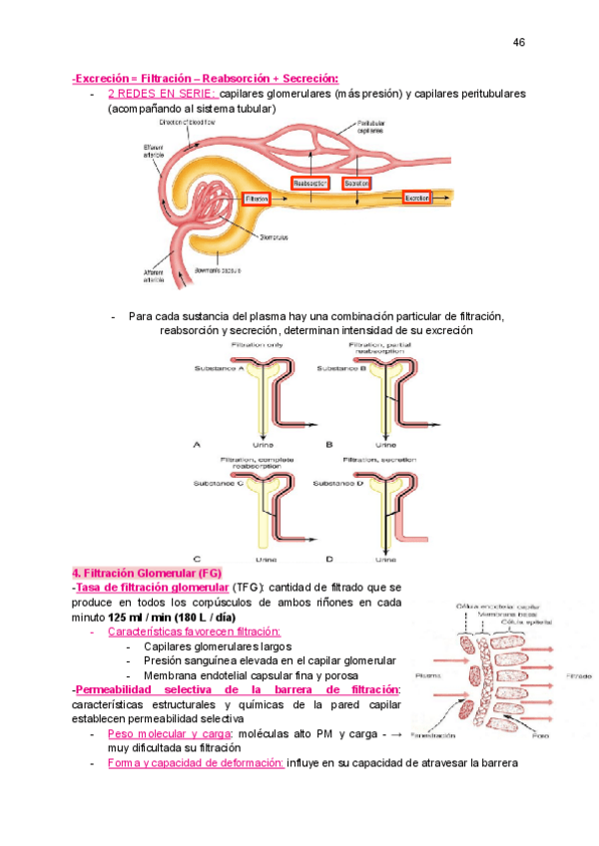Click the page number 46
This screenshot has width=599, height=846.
click(x=518, y=42)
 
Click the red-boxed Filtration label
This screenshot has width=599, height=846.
click(x=257, y=200)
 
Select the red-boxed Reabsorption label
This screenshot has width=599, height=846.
click(x=309, y=184)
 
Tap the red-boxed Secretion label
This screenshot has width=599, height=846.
click(x=356, y=184)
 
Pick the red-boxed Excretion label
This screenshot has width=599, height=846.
click(x=416, y=199)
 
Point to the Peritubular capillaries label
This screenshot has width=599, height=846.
click(x=370, y=127)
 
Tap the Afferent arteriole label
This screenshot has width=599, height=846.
click(x=155, y=276)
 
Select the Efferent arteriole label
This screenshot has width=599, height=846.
click(x=156, y=150)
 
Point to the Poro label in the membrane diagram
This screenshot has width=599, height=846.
click(x=540, y=736)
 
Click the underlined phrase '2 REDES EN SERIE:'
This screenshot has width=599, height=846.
click(x=161, y=94)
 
